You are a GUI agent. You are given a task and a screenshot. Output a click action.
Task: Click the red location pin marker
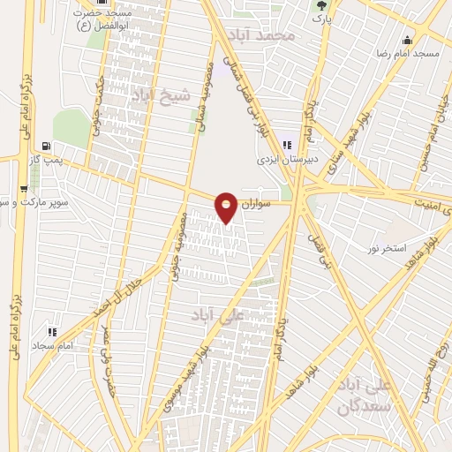226,207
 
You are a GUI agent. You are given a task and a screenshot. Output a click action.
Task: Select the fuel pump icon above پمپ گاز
46,147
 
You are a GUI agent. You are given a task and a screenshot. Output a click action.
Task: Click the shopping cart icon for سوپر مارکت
22,188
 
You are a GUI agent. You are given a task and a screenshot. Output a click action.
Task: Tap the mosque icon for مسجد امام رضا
406,40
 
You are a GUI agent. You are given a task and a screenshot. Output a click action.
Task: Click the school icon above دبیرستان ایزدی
287,146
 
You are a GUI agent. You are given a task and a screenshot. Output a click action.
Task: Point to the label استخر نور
387,249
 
